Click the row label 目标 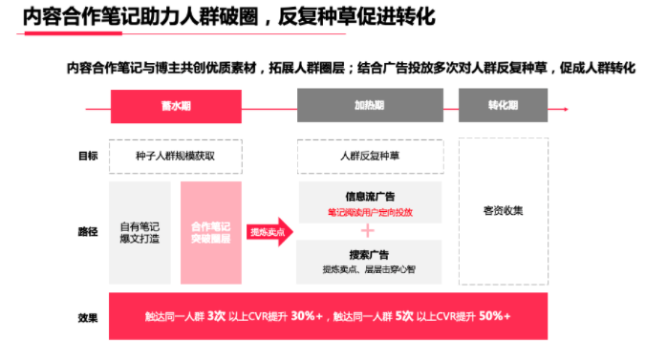[x=88, y=155]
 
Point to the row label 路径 [x=88, y=232]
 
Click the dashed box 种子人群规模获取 [x=175, y=155]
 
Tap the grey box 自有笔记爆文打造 [x=141, y=232]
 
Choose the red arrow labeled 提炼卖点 [x=270, y=232]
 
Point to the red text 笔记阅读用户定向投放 [x=370, y=212]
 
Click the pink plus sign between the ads [x=369, y=230]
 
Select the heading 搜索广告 [x=370, y=255]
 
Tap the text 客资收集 [x=503, y=211]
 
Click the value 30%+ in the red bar [x=307, y=316]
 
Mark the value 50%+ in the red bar [x=494, y=316]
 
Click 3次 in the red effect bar [x=216, y=316]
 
